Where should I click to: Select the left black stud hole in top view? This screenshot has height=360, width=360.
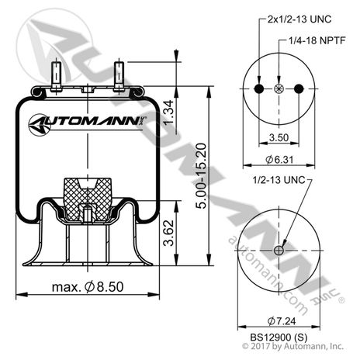(x=260, y=91)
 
